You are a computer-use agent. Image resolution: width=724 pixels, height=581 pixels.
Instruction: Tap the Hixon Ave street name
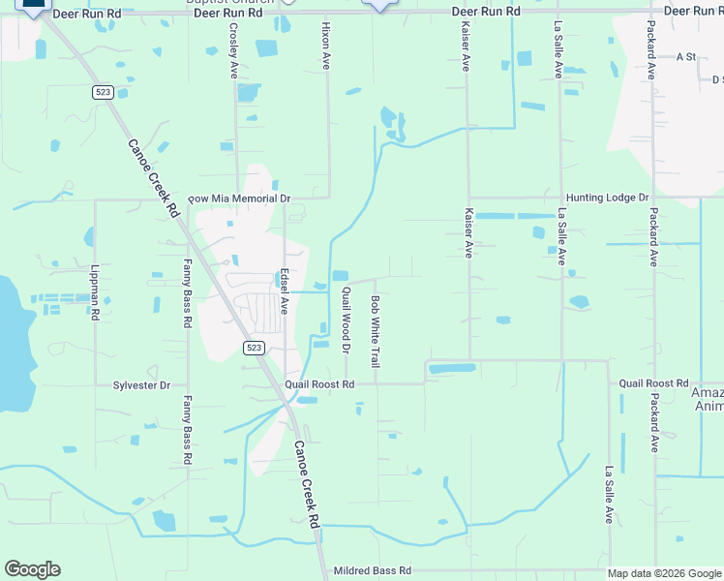coord(326,45)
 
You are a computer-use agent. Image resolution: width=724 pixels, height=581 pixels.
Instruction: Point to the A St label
coord(686,57)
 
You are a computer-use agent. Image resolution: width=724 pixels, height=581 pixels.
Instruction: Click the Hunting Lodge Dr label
coord(607,198)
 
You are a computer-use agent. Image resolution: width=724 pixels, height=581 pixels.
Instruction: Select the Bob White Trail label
coord(375,331)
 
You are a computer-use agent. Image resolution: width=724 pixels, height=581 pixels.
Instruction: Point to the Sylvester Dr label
coord(141,385)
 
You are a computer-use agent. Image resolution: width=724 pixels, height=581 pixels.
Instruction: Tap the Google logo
coord(32,569)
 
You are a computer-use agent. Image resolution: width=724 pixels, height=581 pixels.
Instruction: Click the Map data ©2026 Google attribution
coord(663,573)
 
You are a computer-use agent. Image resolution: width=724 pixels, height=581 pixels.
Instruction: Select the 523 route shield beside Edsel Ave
coord(254,348)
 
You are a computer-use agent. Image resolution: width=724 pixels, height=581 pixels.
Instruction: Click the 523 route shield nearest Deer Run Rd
coord(103,92)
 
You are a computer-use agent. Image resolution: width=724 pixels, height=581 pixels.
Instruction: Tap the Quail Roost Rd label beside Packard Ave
coord(653,384)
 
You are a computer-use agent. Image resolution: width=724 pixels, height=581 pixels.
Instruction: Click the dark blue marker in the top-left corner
coord(32,5)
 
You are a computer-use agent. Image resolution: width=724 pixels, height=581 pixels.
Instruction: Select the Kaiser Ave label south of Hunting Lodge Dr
coord(468,232)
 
